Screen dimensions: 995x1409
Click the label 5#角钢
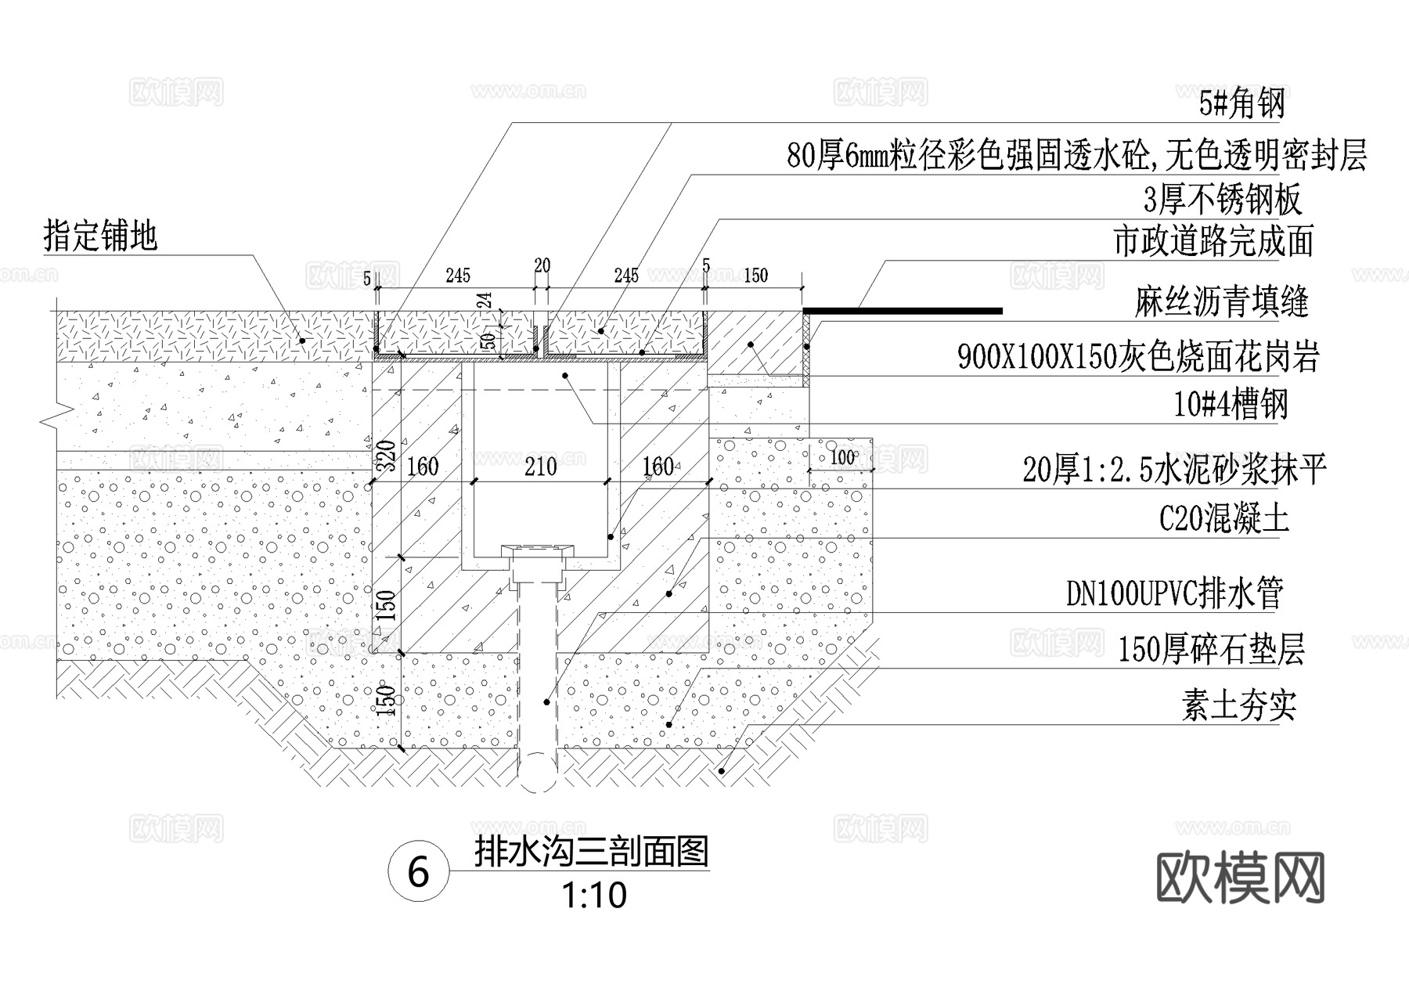point(1241,104)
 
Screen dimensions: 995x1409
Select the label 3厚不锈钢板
point(1222,200)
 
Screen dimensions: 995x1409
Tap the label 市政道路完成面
point(1213,242)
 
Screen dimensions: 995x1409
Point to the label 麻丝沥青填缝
point(1221,302)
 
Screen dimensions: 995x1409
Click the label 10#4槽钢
point(1230,406)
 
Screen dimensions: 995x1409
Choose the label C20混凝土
point(1223,519)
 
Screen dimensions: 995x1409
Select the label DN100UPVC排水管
point(1174,595)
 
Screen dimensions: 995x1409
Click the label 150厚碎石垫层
point(1210,651)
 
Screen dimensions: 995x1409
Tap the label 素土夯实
point(1238,707)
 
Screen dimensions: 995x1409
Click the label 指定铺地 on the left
point(101,236)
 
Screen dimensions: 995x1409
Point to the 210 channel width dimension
point(540,467)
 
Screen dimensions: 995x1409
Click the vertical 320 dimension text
point(384,456)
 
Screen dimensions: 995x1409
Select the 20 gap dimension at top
point(542,266)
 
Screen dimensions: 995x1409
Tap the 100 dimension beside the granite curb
point(842,457)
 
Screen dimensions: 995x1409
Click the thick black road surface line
point(904,311)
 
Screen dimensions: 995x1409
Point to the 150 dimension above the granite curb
point(755,276)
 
